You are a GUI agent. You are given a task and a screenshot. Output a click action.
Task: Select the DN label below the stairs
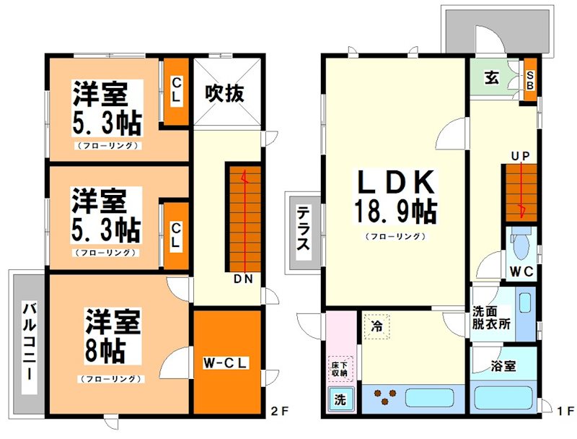[242, 279]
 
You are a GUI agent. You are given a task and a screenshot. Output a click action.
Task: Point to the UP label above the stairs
[521, 155]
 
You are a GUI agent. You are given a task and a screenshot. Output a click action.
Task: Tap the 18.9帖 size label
[393, 212]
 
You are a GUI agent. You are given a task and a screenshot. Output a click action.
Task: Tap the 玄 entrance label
[491, 78]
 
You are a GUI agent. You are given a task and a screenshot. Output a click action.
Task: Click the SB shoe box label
[530, 79]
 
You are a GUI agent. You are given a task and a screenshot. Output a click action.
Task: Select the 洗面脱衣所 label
[491, 318]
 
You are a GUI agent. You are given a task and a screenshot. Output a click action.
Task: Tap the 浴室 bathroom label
[504, 366]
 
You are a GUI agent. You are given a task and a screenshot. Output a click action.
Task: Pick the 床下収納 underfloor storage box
[339, 369]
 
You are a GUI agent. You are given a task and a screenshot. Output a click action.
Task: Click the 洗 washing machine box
[339, 399]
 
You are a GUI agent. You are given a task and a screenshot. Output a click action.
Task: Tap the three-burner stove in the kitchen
[382, 398]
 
